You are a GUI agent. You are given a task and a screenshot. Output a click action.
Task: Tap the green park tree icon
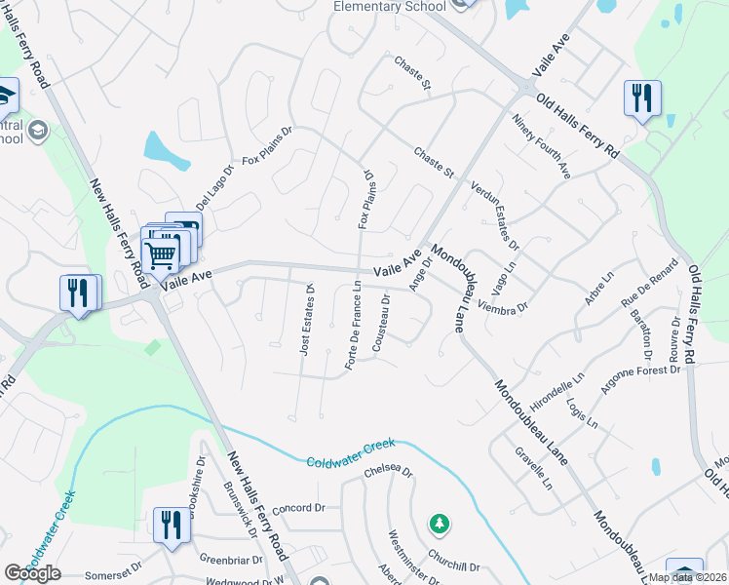(440, 525)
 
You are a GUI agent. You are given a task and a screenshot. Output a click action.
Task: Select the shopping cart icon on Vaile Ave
(160, 255)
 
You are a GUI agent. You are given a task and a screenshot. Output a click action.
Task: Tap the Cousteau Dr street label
(381, 323)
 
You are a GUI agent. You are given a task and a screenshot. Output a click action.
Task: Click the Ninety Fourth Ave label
(541, 146)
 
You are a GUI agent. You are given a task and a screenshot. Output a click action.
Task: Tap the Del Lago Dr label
(214, 183)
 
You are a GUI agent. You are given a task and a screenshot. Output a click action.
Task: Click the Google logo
(32, 572)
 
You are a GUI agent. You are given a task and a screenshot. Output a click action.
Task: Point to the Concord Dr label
(298, 509)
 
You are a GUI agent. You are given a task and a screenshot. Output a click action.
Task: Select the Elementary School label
(390, 6)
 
